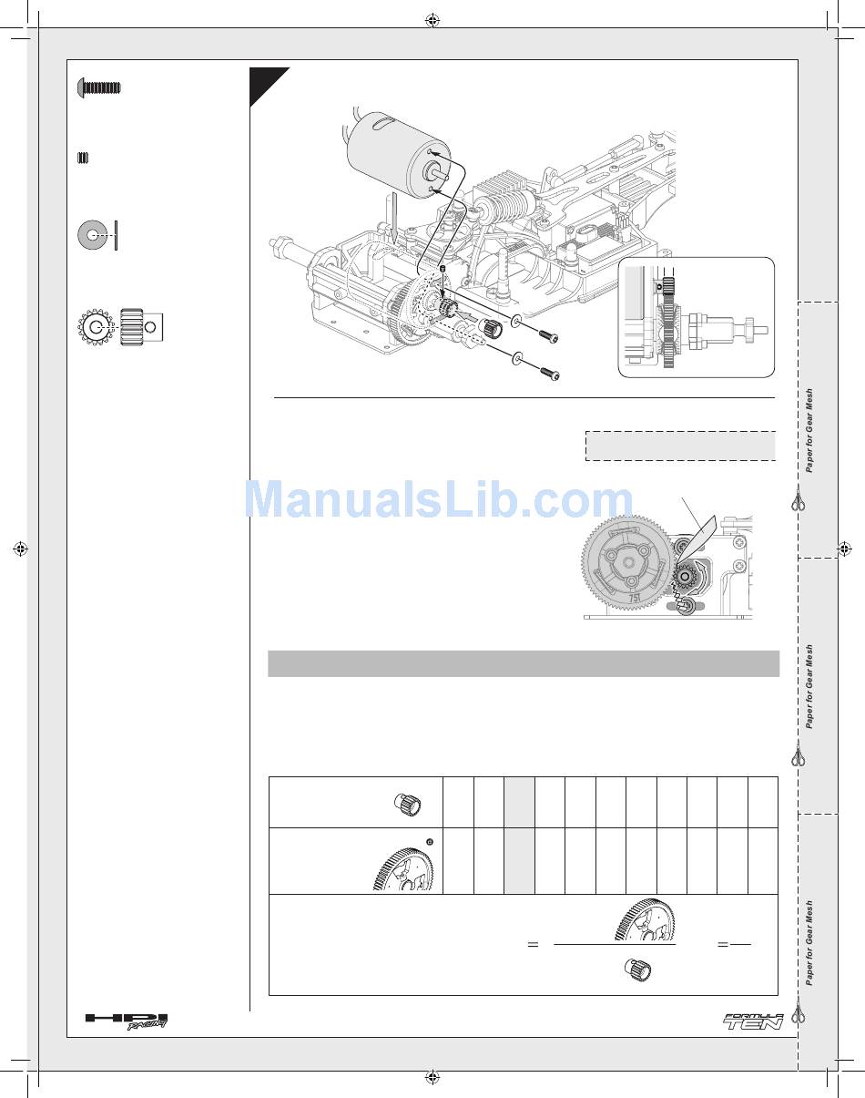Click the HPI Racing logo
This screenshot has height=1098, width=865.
[126, 1021]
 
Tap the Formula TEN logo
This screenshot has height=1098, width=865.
[753, 1022]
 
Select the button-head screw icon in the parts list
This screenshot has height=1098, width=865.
[99, 87]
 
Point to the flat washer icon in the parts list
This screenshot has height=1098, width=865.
[92, 235]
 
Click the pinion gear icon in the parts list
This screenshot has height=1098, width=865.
[120, 327]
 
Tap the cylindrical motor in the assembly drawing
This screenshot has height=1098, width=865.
[398, 153]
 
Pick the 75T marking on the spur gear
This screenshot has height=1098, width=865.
[634, 598]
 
